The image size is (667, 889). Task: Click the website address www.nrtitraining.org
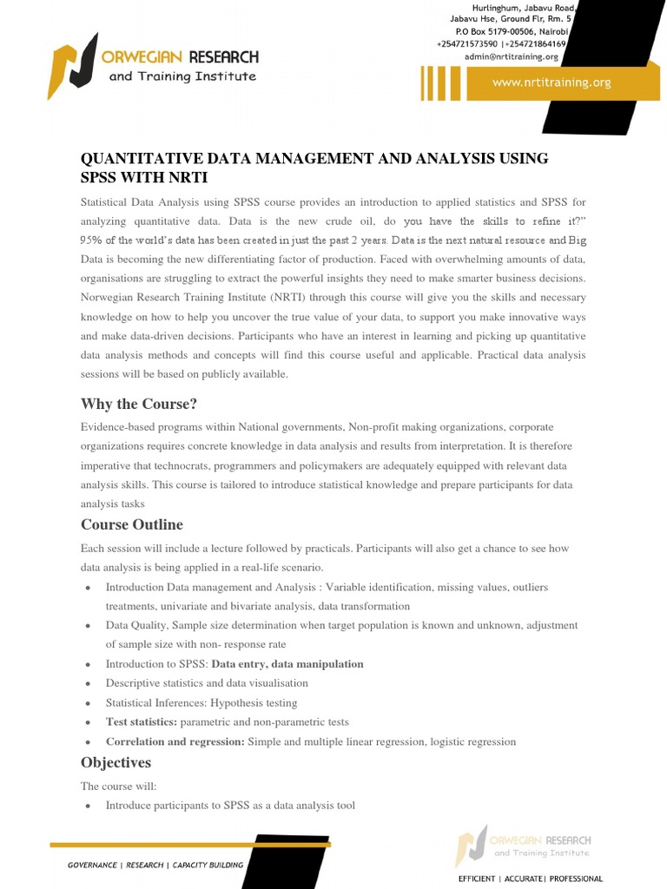(x=551, y=83)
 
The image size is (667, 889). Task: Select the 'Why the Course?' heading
(x=139, y=404)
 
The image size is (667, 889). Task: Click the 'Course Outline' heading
(x=132, y=524)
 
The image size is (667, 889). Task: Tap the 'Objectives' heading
(x=116, y=762)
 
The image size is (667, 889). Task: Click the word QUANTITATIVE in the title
(x=142, y=158)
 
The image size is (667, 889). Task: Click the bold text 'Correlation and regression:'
(x=176, y=742)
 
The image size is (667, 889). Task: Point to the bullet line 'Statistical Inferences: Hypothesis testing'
(x=201, y=703)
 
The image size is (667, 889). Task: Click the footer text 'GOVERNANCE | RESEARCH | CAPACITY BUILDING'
(x=155, y=865)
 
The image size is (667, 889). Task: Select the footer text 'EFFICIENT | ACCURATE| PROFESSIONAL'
(x=530, y=879)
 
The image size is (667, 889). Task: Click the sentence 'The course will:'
(x=119, y=786)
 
